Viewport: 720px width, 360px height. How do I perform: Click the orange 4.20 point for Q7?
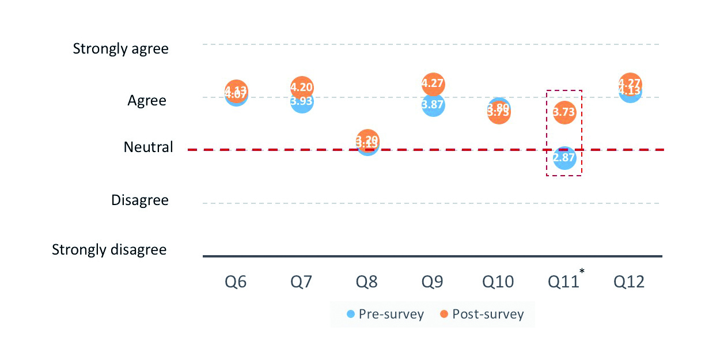(302, 88)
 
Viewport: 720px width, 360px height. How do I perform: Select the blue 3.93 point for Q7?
(302, 103)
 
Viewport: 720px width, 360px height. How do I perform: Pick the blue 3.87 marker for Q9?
(433, 105)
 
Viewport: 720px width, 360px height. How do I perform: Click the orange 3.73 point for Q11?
(564, 112)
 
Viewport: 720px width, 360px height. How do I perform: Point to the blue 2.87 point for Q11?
(564, 158)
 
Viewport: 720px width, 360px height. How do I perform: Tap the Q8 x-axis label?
(367, 282)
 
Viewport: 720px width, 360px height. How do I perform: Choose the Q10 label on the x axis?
(498, 282)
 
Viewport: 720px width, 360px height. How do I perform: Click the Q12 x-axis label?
(629, 282)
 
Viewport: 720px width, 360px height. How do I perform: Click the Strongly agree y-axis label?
(121, 49)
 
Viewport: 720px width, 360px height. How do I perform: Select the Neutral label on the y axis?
(148, 147)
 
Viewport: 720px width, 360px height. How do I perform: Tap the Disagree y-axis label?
(140, 200)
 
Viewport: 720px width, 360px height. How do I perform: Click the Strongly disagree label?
(109, 250)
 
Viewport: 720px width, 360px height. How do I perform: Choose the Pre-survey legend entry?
(385, 314)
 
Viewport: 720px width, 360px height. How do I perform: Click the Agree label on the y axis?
(147, 101)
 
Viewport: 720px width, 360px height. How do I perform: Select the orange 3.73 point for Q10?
(499, 114)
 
